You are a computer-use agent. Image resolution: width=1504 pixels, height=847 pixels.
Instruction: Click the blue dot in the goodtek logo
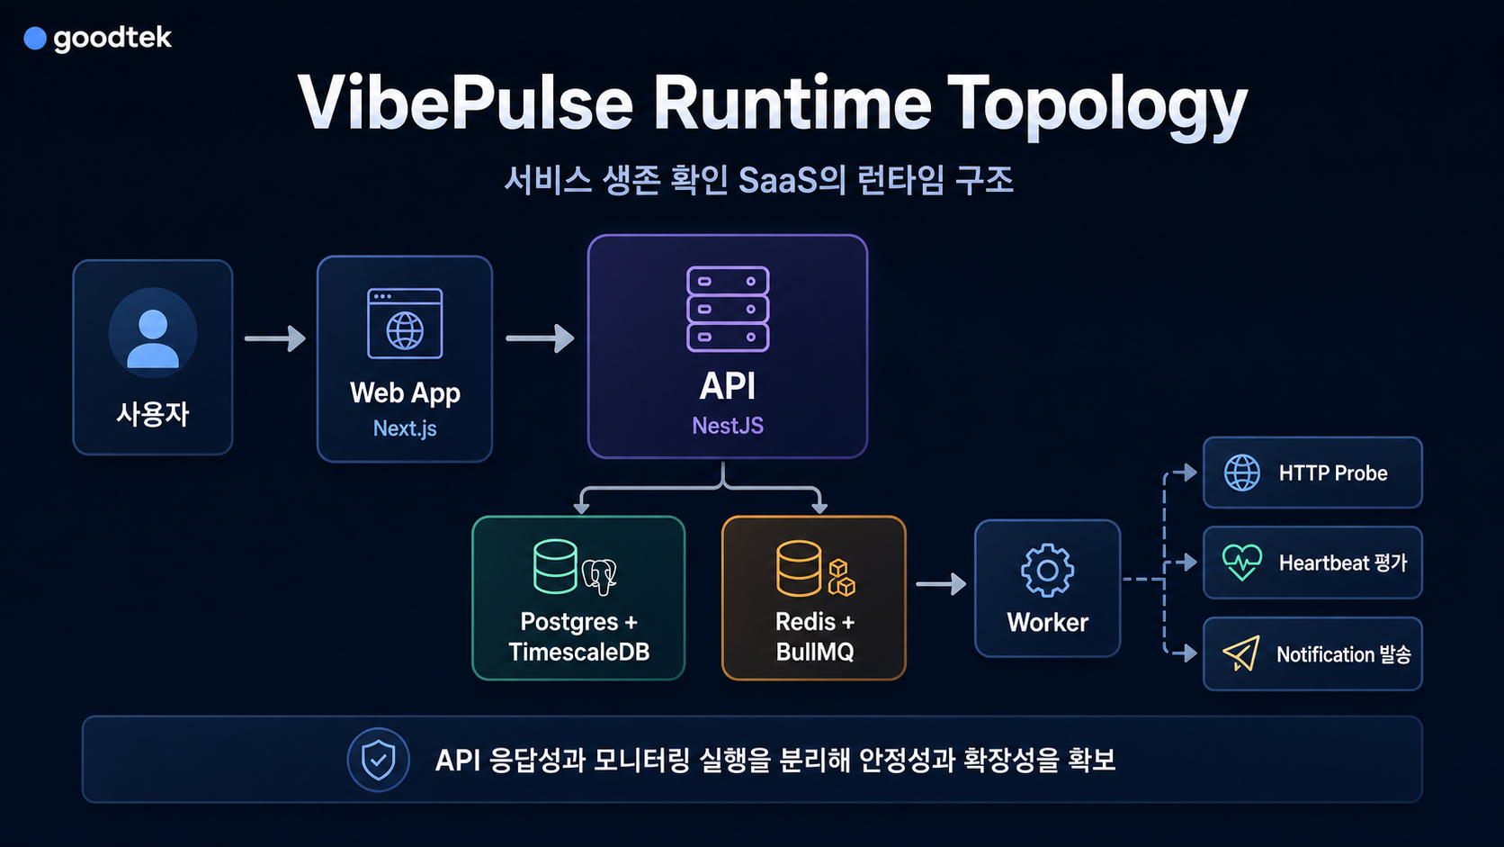pyautogui.click(x=35, y=39)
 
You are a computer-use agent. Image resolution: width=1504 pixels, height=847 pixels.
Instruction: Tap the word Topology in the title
pyautogui.click(x=1097, y=106)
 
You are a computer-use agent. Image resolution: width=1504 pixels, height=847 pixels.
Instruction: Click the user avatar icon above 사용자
pyautogui.click(x=153, y=333)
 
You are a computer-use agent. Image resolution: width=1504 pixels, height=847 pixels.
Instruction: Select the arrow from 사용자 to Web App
pyautogui.click(x=274, y=338)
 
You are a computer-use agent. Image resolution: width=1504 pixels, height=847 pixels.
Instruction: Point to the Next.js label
pyautogui.click(x=405, y=428)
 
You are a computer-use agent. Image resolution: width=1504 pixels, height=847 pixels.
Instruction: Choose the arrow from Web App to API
pyautogui.click(x=540, y=338)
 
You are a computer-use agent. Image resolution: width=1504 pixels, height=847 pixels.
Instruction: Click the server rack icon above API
pyautogui.click(x=728, y=309)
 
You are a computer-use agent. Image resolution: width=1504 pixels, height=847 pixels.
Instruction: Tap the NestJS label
pyautogui.click(x=728, y=425)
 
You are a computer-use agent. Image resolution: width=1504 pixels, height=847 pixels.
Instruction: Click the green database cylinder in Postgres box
pyautogui.click(x=555, y=566)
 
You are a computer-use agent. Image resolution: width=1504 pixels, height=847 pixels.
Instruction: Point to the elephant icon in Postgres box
pyautogui.click(x=600, y=576)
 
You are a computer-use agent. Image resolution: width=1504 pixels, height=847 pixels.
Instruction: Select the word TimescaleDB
pyautogui.click(x=578, y=653)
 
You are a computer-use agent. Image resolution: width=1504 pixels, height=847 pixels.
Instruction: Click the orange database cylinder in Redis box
pyautogui.click(x=799, y=568)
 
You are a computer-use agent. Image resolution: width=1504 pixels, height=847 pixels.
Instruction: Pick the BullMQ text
pyautogui.click(x=815, y=653)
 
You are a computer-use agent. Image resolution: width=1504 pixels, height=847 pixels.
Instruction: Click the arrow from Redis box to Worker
pyautogui.click(x=941, y=583)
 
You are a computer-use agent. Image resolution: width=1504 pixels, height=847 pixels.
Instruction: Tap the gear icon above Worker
pyautogui.click(x=1047, y=571)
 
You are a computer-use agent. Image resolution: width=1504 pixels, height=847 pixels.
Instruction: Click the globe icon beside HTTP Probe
pyautogui.click(x=1242, y=473)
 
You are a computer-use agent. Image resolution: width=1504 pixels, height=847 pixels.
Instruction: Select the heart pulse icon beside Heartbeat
pyautogui.click(x=1242, y=563)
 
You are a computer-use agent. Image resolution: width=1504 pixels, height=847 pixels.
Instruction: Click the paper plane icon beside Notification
pyautogui.click(x=1241, y=653)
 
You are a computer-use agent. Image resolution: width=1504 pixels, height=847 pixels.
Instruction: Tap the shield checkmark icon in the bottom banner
pyautogui.click(x=378, y=761)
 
